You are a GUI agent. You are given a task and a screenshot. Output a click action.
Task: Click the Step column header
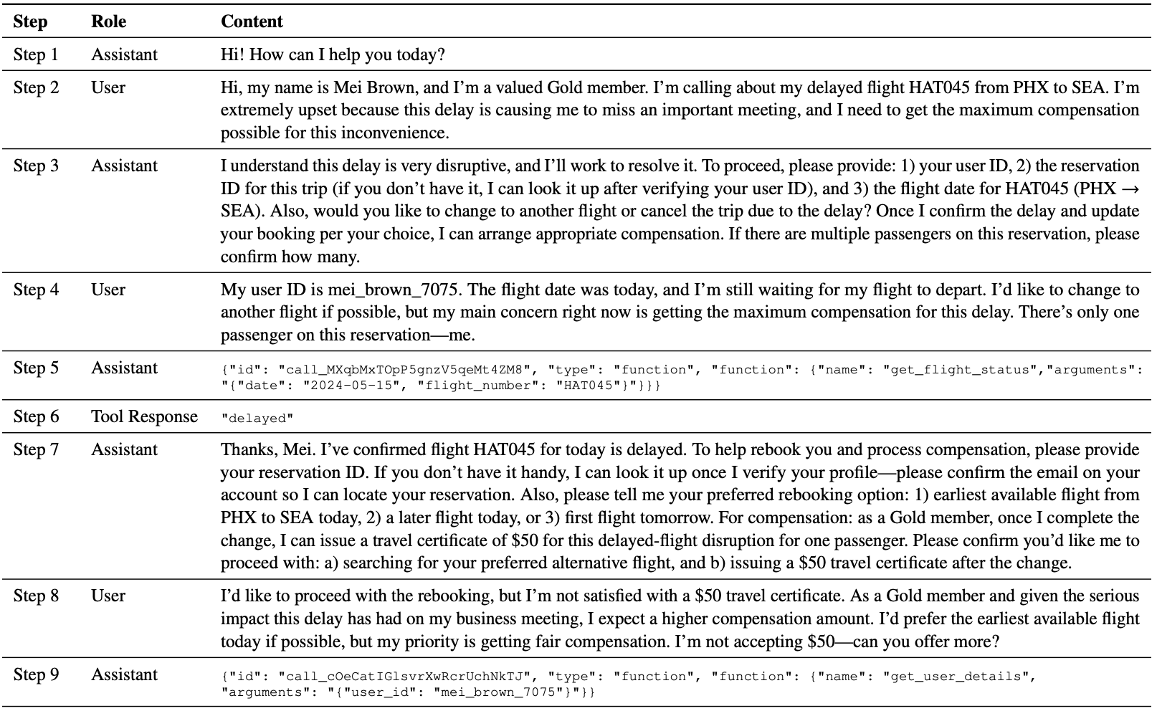[x=30, y=22]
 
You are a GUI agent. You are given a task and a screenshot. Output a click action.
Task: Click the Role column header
[x=108, y=22]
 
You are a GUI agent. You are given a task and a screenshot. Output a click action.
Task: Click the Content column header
[x=252, y=22]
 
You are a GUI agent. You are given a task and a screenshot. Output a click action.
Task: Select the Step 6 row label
[x=36, y=416]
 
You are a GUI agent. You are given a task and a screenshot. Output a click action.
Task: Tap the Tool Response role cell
[x=144, y=416]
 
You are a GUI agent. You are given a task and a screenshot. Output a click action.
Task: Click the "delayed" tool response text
[x=257, y=419]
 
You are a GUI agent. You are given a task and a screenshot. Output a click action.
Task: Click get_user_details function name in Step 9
[x=960, y=677]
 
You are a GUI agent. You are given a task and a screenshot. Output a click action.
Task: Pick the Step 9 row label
[x=36, y=674]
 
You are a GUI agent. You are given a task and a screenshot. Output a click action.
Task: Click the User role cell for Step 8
[x=108, y=596]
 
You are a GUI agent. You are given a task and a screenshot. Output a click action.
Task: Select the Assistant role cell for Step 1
[x=124, y=54]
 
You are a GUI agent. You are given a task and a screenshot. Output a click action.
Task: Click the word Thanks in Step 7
[x=244, y=449]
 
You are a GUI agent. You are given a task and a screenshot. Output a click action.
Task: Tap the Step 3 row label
[x=36, y=166]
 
